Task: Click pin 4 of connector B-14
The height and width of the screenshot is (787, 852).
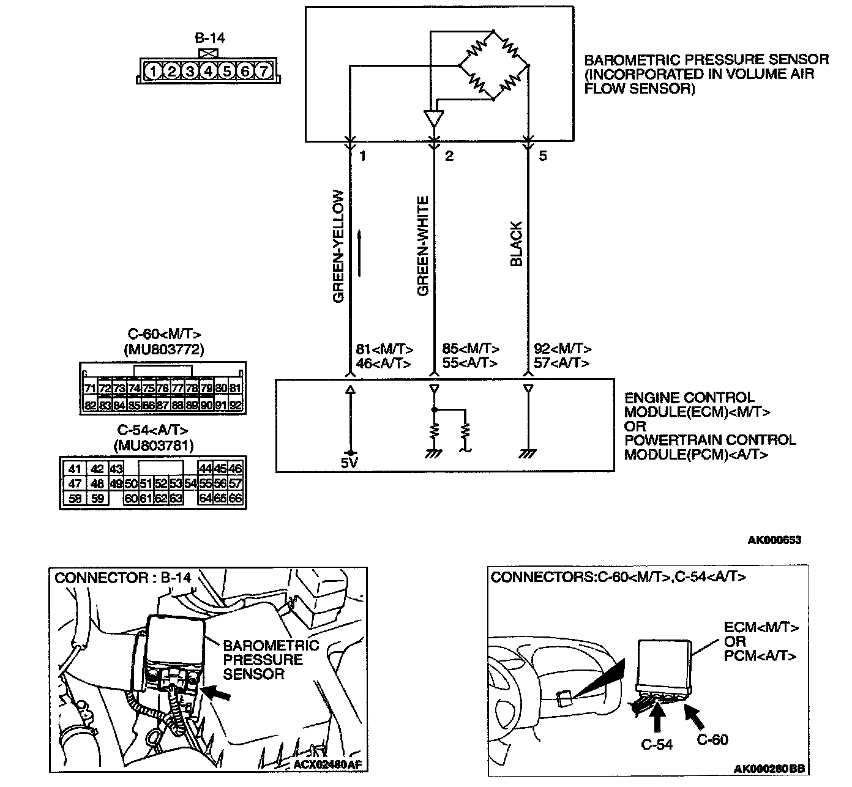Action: [x=209, y=72]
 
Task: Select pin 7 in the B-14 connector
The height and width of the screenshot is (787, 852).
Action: [x=263, y=72]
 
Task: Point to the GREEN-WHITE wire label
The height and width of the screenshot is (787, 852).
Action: [x=423, y=247]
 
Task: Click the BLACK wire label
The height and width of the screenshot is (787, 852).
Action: [x=517, y=244]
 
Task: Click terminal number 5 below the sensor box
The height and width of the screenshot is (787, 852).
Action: [x=542, y=156]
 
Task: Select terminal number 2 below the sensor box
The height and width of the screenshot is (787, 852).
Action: [x=449, y=156]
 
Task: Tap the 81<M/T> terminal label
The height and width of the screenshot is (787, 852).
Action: [x=384, y=349]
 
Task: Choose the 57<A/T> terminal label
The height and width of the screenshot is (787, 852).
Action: [x=561, y=363]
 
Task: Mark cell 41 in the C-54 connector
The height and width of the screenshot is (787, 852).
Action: [x=75, y=469]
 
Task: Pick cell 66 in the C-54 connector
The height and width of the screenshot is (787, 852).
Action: [x=236, y=498]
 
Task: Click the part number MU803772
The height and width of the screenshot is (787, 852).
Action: [x=163, y=349]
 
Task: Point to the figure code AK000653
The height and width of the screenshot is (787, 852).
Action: [x=774, y=540]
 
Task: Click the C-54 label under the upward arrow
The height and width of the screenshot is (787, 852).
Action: [x=657, y=744]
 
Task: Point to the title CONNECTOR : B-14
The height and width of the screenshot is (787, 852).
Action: [x=123, y=577]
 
